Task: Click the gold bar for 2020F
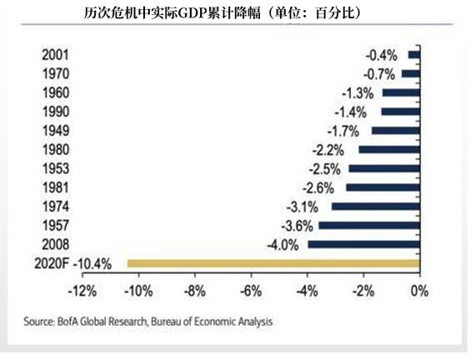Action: coord(273,263)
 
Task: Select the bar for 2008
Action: coord(363,244)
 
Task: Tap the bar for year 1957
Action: coord(369,225)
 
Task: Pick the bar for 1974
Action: coord(375,207)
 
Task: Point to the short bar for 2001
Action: coord(414,55)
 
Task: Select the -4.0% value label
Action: coord(282,244)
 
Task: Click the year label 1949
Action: coord(55,131)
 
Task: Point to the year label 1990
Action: coord(55,112)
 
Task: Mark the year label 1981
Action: coord(55,187)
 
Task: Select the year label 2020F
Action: coord(50,263)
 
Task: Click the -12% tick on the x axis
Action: coord(81,292)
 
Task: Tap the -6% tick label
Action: coord(250,292)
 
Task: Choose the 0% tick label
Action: coord(418,292)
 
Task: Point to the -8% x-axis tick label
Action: coord(194,292)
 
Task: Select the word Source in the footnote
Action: coord(41,320)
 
